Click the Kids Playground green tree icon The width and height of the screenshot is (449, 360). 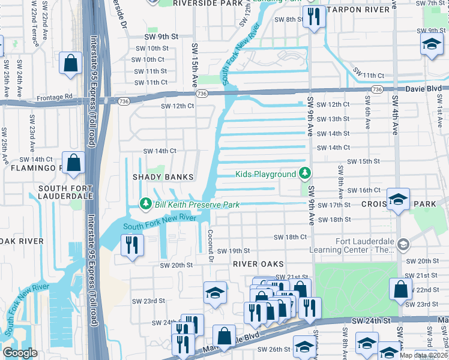pos(306,174)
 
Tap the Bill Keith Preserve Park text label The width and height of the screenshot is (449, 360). pos(197,205)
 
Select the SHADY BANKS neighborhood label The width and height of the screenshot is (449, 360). pos(163,177)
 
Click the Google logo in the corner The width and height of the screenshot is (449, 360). pos(20,353)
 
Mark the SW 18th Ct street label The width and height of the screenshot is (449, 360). pos(290,237)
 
